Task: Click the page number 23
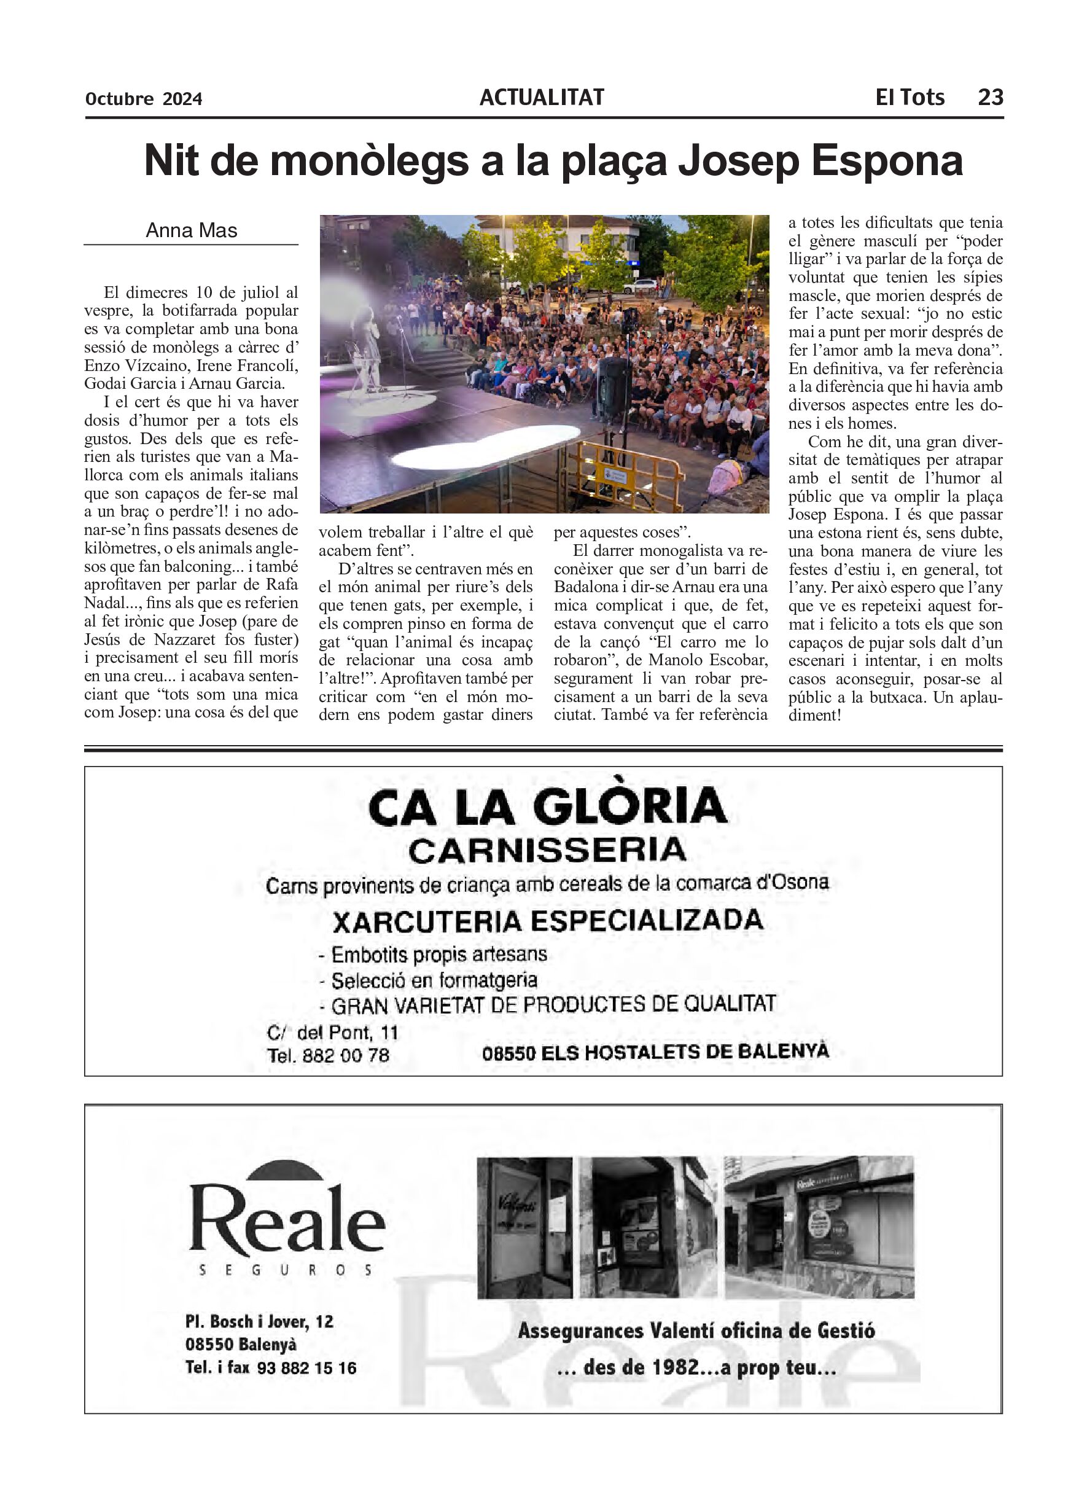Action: pos(989,98)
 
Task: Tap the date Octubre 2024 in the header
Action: pos(144,99)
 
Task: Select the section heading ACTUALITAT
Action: pos(542,98)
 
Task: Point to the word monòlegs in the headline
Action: pos(370,162)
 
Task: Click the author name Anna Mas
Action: pos(192,231)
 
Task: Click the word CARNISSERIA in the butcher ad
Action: pos(547,850)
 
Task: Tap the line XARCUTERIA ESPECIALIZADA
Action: pos(547,921)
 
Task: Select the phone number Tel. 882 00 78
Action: pos(328,1055)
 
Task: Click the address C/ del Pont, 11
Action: pos(332,1033)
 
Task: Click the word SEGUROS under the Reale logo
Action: pos(286,1271)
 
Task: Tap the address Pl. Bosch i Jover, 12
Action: pos(259,1322)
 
